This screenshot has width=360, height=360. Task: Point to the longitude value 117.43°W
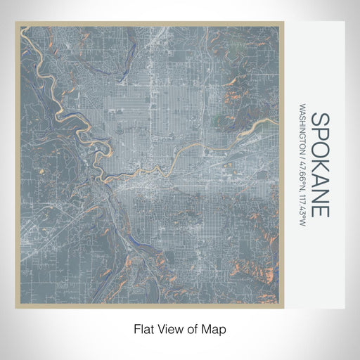pyautogui.click(x=302, y=207)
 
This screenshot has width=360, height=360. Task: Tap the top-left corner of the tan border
pyautogui.click(x=16, y=23)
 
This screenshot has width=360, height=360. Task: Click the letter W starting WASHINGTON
pyautogui.click(x=302, y=109)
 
